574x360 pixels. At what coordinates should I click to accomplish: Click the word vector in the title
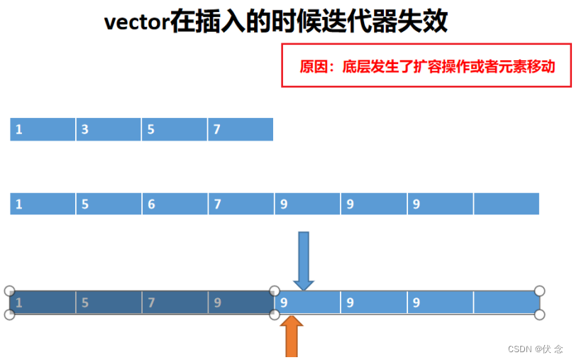pyautogui.click(x=136, y=21)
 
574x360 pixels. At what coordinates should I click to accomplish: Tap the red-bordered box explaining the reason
pyautogui.click(x=426, y=66)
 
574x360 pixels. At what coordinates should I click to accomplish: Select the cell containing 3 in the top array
pyautogui.click(x=108, y=129)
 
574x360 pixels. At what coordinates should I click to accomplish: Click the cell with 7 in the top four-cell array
pyautogui.click(x=241, y=129)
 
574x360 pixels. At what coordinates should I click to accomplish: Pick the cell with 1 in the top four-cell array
pyautogui.click(x=43, y=129)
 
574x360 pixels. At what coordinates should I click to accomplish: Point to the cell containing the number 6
pyautogui.click(x=175, y=204)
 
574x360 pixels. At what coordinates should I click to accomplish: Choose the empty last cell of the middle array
pyautogui.click(x=506, y=204)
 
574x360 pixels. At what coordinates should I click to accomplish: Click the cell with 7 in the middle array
pyautogui.click(x=241, y=204)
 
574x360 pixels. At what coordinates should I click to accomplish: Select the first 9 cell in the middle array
pyautogui.click(x=307, y=204)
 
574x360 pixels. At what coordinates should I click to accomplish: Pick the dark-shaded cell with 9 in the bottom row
pyautogui.click(x=241, y=302)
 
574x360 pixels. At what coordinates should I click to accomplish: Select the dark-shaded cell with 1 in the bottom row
pyautogui.click(x=43, y=302)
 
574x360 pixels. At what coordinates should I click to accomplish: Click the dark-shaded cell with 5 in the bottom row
pyautogui.click(x=108, y=302)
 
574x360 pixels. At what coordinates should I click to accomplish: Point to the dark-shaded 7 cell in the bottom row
pyautogui.click(x=175, y=302)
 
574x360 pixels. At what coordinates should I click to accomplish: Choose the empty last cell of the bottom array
pyautogui.click(x=506, y=302)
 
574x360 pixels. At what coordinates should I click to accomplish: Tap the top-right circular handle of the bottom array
pyautogui.click(x=539, y=290)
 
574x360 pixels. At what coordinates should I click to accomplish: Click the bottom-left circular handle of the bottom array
pyautogui.click(x=9, y=315)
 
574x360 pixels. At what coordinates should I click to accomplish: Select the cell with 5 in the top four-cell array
pyautogui.click(x=175, y=129)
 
